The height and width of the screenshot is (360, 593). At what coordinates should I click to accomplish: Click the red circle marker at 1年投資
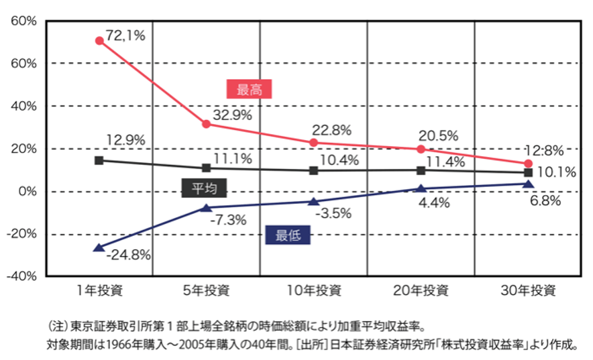99,41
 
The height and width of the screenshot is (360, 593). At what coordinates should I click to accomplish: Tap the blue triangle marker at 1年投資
99,247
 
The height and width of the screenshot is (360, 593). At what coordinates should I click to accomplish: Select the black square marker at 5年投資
207,168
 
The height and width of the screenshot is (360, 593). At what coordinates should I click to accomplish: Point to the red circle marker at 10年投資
314,143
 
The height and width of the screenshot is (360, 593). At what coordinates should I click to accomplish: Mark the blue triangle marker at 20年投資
421,189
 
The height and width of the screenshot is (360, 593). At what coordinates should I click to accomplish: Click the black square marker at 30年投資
528,173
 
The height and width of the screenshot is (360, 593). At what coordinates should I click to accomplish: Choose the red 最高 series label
250,89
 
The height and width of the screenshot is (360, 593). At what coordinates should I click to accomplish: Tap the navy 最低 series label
288,235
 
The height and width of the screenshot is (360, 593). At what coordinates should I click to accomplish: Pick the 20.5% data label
438,135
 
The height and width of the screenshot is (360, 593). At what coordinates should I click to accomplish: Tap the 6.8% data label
544,200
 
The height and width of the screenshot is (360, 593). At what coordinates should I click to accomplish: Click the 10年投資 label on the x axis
314,291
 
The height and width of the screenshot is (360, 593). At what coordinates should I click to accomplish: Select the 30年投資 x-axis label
528,291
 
